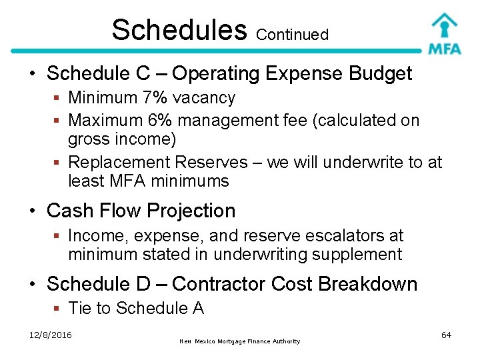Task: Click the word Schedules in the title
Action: click(x=179, y=29)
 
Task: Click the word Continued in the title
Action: click(x=292, y=35)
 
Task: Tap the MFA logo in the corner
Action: click(x=444, y=33)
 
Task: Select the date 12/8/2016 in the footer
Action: click(x=51, y=334)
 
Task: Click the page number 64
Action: click(x=446, y=334)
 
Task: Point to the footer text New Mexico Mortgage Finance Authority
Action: click(x=239, y=341)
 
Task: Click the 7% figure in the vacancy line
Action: click(x=155, y=98)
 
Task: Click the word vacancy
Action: click(x=204, y=99)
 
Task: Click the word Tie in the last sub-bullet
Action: click(x=80, y=308)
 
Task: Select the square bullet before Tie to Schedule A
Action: click(x=58, y=309)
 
